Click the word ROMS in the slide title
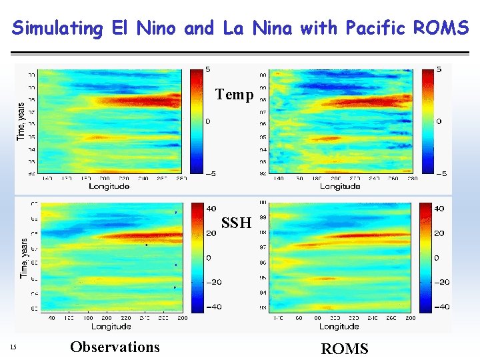coord(441,28)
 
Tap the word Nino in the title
coord(157,28)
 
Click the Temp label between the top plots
coord(234,95)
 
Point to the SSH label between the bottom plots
coord(236,223)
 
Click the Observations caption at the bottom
coord(115,347)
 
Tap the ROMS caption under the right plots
coord(344,349)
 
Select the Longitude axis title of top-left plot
coord(109,187)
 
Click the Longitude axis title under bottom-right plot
coord(339,327)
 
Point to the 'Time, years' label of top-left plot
coord(20,121)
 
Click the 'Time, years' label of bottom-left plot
coord(24,259)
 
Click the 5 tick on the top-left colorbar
coord(208,69)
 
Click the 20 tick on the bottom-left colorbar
coord(209,233)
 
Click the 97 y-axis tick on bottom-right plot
coord(263,247)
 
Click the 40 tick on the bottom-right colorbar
coord(440,209)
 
